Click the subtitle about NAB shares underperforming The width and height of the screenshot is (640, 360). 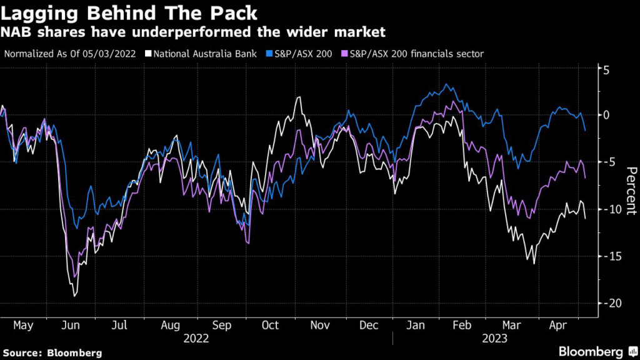click(194, 31)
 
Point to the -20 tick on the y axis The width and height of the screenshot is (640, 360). click(614, 303)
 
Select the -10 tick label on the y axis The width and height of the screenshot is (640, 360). click(614, 209)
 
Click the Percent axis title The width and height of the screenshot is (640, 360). click(631, 190)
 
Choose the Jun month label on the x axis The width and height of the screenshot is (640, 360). click(71, 326)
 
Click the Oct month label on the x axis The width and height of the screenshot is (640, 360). click(270, 326)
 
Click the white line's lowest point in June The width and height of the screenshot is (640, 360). click(74, 296)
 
